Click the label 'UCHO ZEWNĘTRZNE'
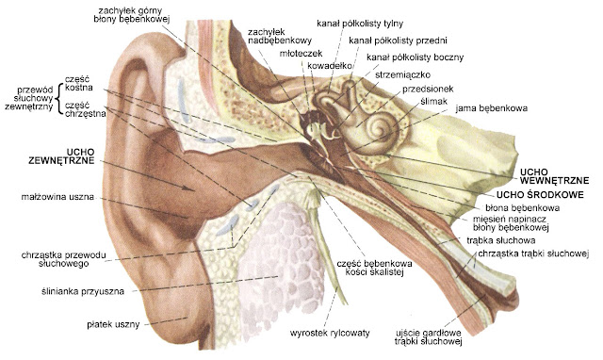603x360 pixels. pyautogui.click(x=46, y=156)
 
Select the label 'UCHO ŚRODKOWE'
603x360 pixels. pyautogui.click(x=548, y=194)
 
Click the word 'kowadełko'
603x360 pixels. pyautogui.click(x=330, y=65)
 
